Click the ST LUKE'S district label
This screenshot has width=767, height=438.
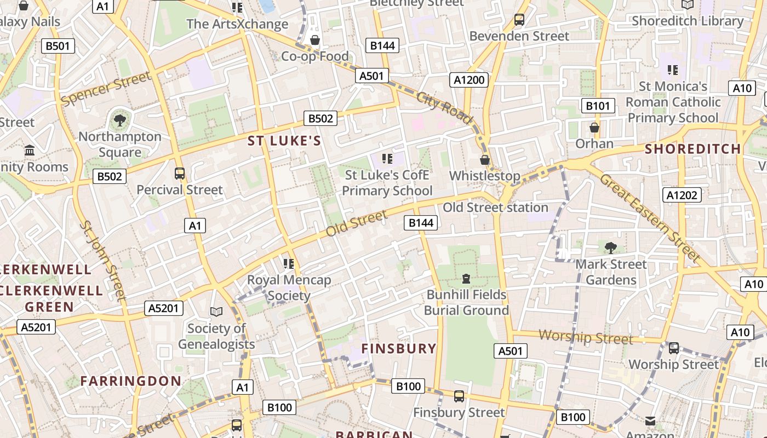pyautogui.click(x=284, y=141)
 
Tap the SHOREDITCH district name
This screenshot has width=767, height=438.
pyautogui.click(x=692, y=149)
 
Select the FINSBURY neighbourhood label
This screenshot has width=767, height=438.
pyautogui.click(x=399, y=349)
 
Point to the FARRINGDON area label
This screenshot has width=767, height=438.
pyautogui.click(x=131, y=381)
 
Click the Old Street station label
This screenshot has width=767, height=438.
pyautogui.click(x=495, y=208)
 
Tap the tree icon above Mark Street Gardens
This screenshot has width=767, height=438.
pyautogui.click(x=611, y=247)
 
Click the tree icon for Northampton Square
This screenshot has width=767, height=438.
pyautogui.click(x=119, y=120)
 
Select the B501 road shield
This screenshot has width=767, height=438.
pyautogui.click(x=58, y=45)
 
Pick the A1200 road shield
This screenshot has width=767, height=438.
pyautogui.click(x=470, y=80)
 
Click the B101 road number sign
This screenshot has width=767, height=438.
pyautogui.click(x=598, y=106)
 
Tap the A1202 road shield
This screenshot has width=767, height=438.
pyautogui.click(x=682, y=195)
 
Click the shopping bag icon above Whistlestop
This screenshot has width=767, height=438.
pyautogui.click(x=484, y=159)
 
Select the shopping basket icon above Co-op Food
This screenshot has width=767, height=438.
pyautogui.click(x=315, y=39)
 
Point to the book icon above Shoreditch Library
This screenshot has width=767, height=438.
pyautogui.click(x=688, y=4)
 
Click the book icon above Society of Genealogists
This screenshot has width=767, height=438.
pyautogui.click(x=216, y=312)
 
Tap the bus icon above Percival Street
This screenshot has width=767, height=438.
pyautogui.click(x=179, y=174)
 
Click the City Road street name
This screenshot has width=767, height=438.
pyautogui.click(x=444, y=107)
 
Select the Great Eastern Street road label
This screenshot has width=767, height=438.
pyautogui.click(x=650, y=217)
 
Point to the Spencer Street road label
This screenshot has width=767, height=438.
pyautogui.click(x=105, y=89)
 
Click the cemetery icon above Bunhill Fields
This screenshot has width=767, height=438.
pyautogui.click(x=466, y=279)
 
